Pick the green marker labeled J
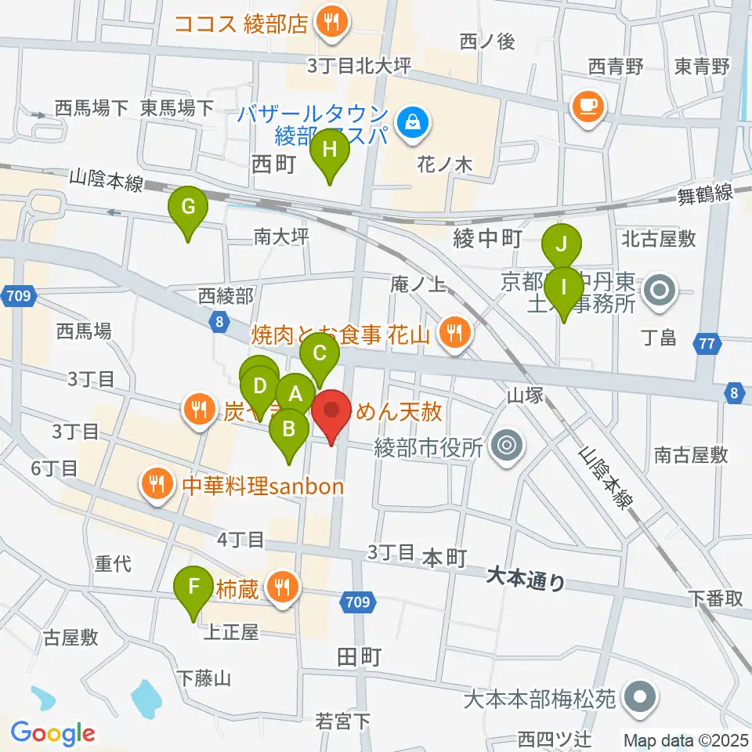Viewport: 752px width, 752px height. click(x=562, y=245)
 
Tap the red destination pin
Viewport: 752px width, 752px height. click(x=331, y=411)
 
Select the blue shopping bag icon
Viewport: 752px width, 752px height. click(x=409, y=121)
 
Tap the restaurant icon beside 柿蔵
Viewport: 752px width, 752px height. click(x=282, y=584)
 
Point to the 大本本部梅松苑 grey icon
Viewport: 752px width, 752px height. click(x=639, y=696)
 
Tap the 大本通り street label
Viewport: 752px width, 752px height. click(x=524, y=579)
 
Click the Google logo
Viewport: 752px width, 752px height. click(x=52, y=733)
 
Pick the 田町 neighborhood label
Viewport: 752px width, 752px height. click(x=360, y=656)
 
